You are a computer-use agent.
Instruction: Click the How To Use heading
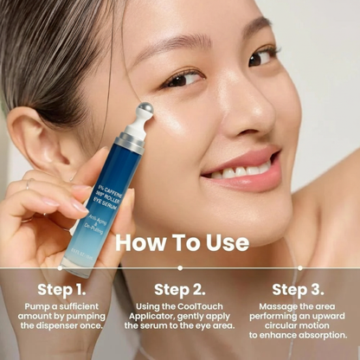click(x=180, y=241)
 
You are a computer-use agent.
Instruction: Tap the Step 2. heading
click(x=180, y=289)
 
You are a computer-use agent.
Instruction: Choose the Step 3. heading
click(x=298, y=289)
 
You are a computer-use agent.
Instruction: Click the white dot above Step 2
click(x=180, y=267)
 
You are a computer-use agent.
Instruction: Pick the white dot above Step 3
click(x=299, y=267)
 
